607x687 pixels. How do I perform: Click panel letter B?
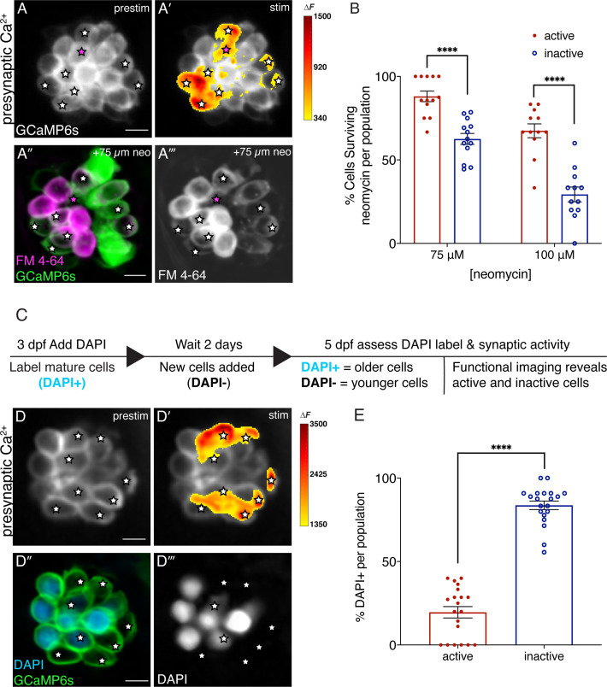point(329,13)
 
